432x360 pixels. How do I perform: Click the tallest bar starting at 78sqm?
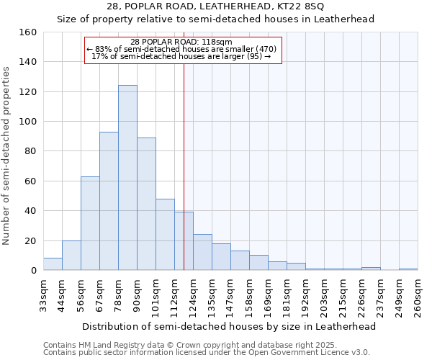point(127,178)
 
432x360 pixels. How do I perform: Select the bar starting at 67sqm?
point(109,201)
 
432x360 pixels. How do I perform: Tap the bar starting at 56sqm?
point(90,223)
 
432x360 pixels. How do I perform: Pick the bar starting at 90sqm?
point(146,204)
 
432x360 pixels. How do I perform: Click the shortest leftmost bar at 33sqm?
point(53,264)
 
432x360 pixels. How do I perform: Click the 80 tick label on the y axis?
point(30,152)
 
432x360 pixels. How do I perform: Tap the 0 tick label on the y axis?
point(33,271)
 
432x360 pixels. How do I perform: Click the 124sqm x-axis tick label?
point(193,294)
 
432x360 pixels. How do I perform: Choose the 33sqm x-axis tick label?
point(43,294)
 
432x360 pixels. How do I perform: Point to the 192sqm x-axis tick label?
point(305,294)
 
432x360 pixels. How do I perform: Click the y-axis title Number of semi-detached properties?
point(6,151)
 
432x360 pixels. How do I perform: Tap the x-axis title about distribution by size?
point(230,326)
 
